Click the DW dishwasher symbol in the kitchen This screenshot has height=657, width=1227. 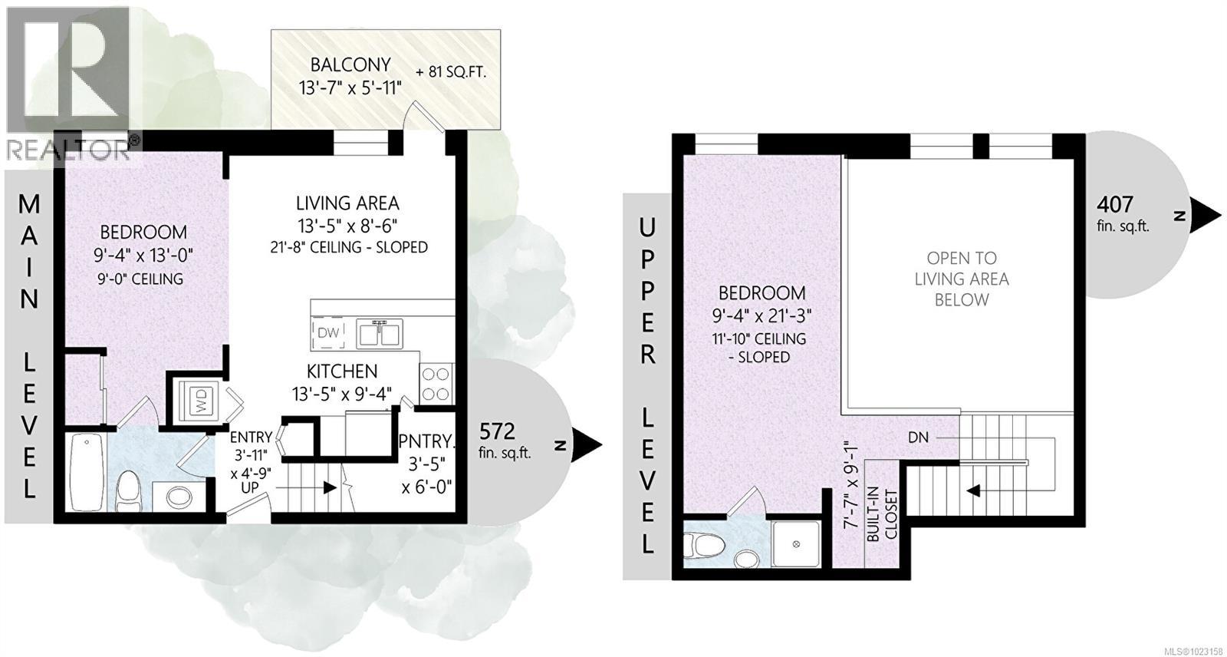click(327, 332)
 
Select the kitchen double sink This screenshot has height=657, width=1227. click(379, 333)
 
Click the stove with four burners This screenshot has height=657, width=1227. click(436, 384)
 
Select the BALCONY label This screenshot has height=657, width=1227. click(350, 65)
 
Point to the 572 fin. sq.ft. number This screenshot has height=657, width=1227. click(497, 430)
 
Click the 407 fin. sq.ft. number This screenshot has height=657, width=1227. click(1114, 204)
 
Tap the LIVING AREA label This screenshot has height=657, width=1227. click(347, 203)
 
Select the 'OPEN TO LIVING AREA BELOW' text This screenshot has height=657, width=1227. click(961, 279)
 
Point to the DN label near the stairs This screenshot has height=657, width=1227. click(918, 437)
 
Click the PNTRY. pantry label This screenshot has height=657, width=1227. click(426, 442)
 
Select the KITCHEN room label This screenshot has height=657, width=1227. click(342, 371)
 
